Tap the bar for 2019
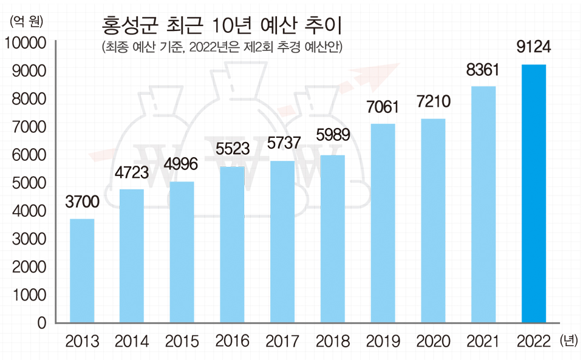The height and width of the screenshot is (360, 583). point(383,223)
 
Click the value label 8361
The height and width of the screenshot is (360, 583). point(482,70)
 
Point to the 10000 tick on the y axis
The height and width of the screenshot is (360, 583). point(26,43)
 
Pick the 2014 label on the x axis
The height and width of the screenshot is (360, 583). point(132,341)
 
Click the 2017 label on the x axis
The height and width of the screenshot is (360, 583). point(282,341)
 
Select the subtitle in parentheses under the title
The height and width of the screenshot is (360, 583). point(222,48)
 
